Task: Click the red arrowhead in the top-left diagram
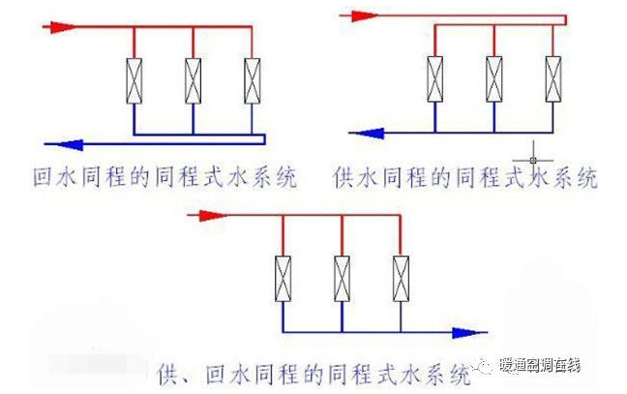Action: (58, 27)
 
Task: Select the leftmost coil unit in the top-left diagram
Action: (134, 80)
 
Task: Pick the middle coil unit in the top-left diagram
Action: (194, 80)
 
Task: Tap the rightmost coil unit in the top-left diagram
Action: (253, 80)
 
